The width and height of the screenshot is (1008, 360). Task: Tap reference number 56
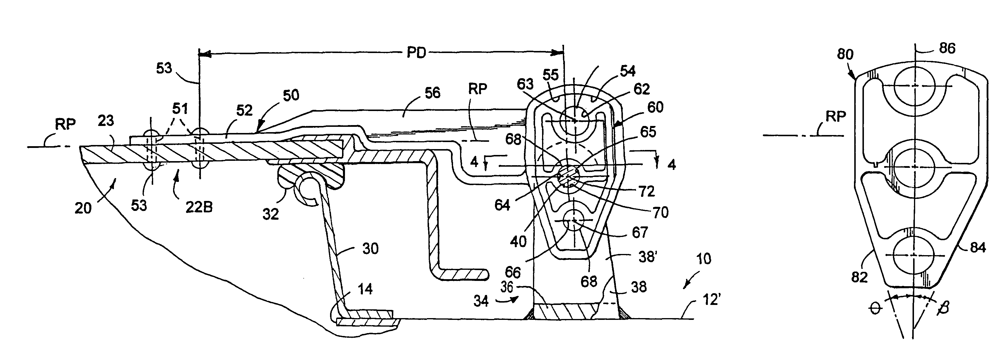[x=432, y=93]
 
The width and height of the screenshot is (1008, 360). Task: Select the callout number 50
[x=291, y=95]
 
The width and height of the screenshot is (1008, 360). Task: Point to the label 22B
[x=199, y=207]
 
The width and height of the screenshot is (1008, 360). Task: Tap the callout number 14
[x=365, y=289]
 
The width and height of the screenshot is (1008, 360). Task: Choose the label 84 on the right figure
[x=978, y=247]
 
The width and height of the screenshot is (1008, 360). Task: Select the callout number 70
[x=660, y=212]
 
